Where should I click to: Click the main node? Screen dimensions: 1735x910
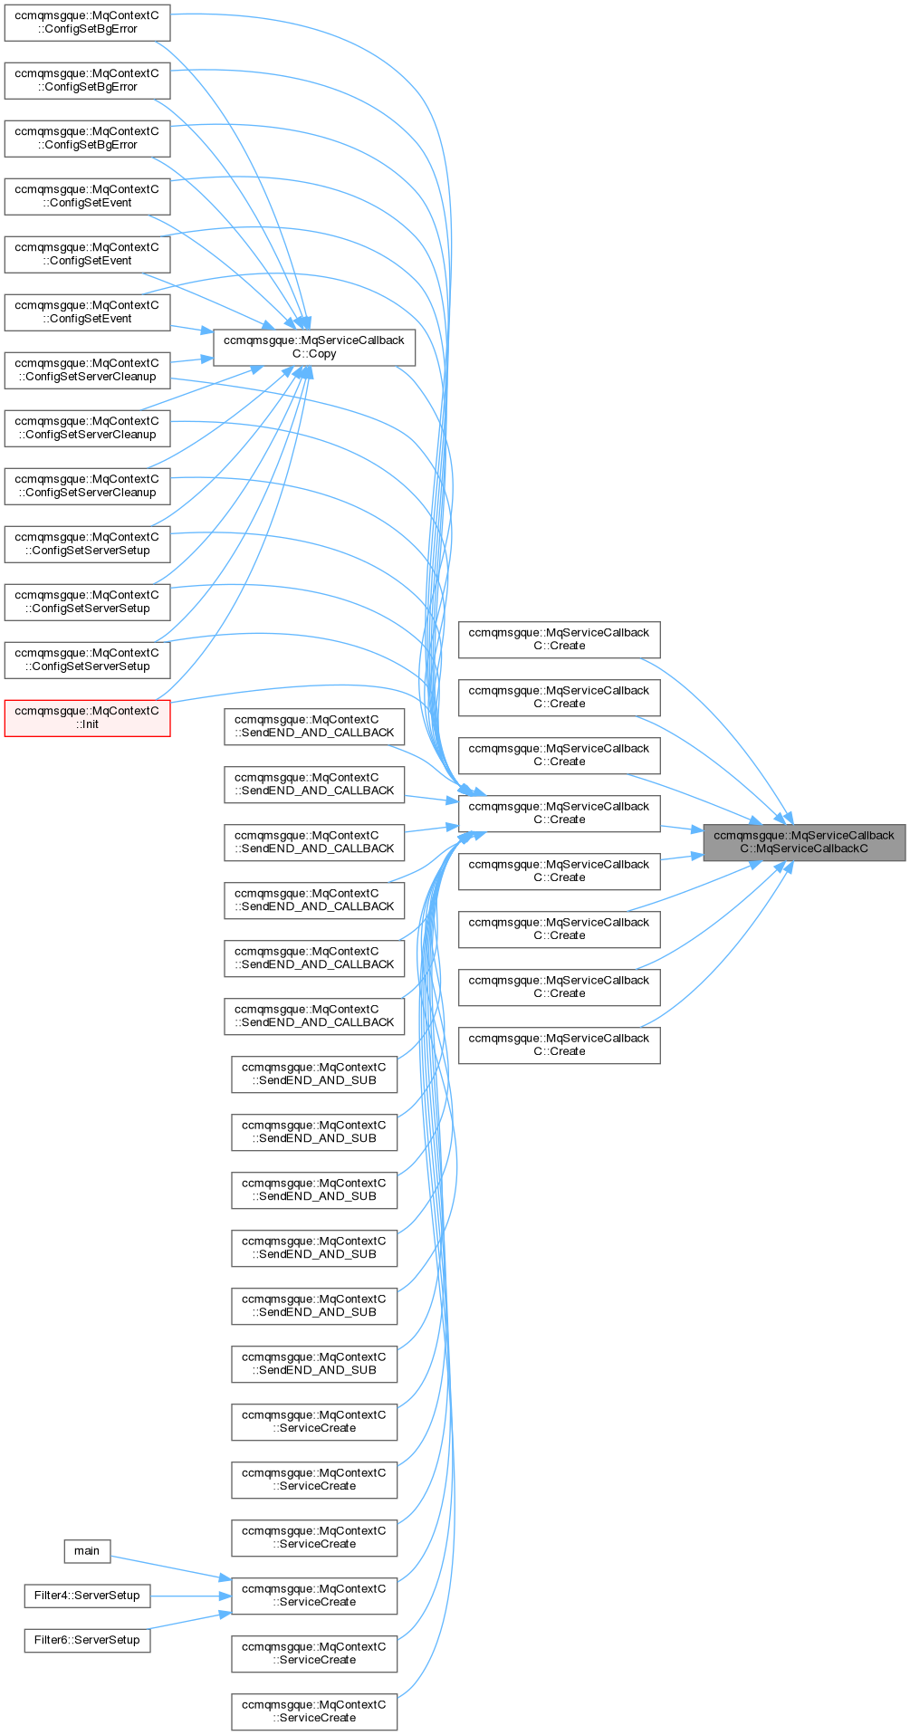[87, 1551]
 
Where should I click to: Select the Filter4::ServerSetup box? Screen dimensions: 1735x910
[87, 1596]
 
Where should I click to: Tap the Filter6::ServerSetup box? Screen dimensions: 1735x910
[87, 1640]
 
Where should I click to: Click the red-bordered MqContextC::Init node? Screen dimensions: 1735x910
[87, 717]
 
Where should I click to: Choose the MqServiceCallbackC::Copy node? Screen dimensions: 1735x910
[313, 348]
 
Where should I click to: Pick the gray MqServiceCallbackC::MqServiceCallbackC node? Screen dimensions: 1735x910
[803, 842]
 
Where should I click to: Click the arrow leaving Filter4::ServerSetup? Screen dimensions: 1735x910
[190, 1596]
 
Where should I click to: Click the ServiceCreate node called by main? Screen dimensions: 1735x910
[313, 1596]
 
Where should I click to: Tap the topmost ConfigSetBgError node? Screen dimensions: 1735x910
[87, 22]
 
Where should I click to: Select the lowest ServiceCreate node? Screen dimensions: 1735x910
[313, 1711]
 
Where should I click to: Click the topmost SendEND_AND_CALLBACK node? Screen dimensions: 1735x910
[313, 726]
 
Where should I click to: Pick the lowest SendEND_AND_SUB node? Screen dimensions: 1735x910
[313, 1364]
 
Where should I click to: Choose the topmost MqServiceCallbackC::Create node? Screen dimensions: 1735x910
[559, 639]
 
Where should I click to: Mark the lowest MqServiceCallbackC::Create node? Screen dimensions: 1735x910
[559, 1045]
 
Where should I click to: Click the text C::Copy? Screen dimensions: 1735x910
[313, 354]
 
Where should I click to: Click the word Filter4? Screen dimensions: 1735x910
[52, 1596]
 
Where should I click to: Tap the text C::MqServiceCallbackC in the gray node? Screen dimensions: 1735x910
[803, 849]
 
